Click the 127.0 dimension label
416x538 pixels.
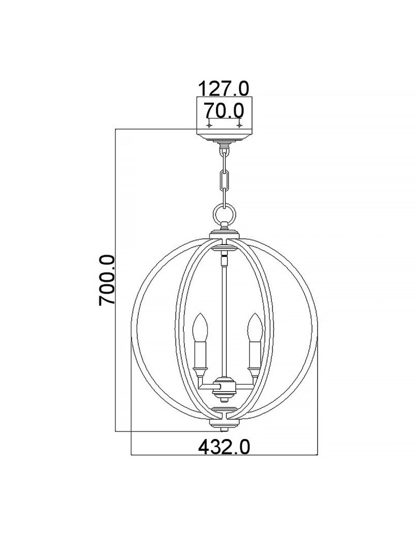click(224, 88)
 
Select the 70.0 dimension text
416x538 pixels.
click(224, 111)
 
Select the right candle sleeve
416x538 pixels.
click(253, 353)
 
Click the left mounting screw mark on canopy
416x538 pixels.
click(210, 125)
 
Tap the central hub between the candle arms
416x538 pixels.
click(225, 387)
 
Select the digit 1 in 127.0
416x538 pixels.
click(204, 88)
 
